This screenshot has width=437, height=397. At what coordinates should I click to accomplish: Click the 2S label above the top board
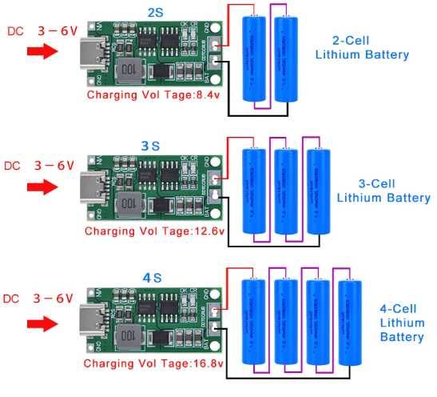click(153, 12)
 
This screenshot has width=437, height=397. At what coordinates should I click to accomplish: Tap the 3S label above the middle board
click(150, 146)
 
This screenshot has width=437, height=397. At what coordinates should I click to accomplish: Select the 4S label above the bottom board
click(152, 278)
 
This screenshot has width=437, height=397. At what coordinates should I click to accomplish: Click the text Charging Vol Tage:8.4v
click(153, 95)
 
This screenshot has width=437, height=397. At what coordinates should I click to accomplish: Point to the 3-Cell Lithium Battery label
click(383, 190)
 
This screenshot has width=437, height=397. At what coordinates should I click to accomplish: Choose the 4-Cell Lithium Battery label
click(401, 321)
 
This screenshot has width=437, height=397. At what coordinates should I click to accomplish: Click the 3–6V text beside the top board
click(57, 30)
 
